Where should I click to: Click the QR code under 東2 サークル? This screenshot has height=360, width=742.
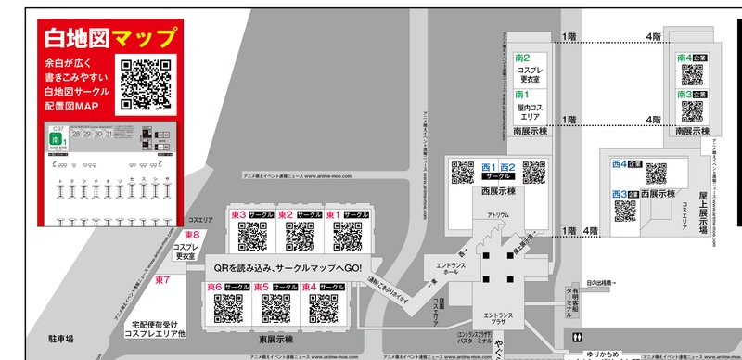(299, 237)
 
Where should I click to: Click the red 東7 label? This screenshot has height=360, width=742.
(162, 278)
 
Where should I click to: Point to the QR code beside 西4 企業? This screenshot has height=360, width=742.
(656, 174)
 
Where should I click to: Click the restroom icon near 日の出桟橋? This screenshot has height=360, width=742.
(578, 339)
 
